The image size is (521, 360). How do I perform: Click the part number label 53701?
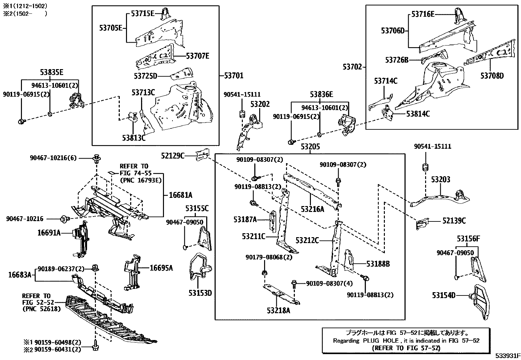[234, 75]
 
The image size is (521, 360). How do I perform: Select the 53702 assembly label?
[352, 67]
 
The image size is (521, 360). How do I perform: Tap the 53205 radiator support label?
[310, 147]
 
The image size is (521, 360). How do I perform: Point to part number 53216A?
[312, 209]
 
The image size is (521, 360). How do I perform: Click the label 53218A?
[278, 311]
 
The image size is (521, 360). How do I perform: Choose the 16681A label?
[181, 195]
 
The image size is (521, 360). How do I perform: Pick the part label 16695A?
[161, 268]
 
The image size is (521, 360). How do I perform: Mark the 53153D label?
[200, 293]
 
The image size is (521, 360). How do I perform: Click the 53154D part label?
[443, 295]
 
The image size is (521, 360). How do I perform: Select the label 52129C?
[173, 156]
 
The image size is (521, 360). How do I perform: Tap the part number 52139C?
[454, 220]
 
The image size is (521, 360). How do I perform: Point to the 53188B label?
[378, 264]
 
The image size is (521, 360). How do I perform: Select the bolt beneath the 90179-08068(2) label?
[264, 273]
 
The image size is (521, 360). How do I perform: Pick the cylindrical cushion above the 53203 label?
[425, 167]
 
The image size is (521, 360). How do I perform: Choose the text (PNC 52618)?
[42, 309]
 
